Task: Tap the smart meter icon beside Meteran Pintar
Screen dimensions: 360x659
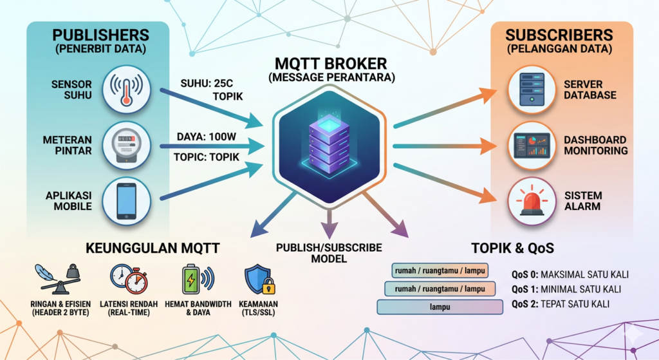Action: point(126,146)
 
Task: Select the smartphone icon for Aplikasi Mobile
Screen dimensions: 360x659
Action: point(126,200)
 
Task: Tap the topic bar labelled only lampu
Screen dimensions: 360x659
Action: point(440,307)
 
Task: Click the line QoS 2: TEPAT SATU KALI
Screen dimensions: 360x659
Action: point(560,304)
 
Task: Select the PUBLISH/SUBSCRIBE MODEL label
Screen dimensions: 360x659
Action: point(329,253)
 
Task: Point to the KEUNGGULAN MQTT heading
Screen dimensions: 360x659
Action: point(154,248)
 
